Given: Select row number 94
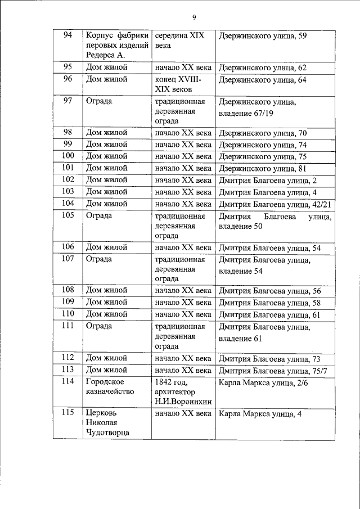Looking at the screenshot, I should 68,35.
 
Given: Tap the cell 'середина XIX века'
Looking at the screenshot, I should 179,40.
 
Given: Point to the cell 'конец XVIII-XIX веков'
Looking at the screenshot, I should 178,84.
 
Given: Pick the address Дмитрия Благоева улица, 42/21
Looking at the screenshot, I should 274,204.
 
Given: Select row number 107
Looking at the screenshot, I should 68,259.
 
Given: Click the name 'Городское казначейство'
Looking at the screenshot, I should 110,386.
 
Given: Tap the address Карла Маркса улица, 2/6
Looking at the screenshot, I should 263,382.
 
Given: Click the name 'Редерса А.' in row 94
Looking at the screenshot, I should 106,55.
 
